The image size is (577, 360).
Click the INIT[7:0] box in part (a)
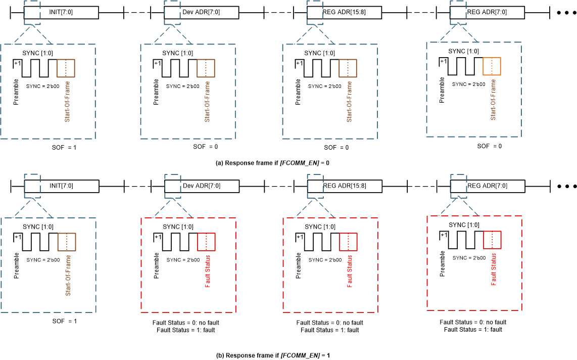click(62, 13)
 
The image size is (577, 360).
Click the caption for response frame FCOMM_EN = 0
click(272, 163)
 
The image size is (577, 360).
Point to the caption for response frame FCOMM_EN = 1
click(273, 355)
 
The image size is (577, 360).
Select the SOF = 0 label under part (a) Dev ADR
click(206, 147)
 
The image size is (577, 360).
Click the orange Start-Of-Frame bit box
click(492, 66)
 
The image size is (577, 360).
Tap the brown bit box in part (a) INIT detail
click(66, 68)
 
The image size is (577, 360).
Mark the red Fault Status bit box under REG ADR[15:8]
click(348, 241)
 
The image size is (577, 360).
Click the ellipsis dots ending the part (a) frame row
click(567, 13)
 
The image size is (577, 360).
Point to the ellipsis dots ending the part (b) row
click(567, 186)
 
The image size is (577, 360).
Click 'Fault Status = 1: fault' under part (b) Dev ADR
click(187, 330)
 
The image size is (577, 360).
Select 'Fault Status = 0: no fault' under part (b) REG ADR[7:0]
click(473, 322)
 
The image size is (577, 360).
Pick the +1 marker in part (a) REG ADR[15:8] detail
click(299, 63)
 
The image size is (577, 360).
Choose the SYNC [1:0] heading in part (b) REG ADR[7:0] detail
click(464, 224)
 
